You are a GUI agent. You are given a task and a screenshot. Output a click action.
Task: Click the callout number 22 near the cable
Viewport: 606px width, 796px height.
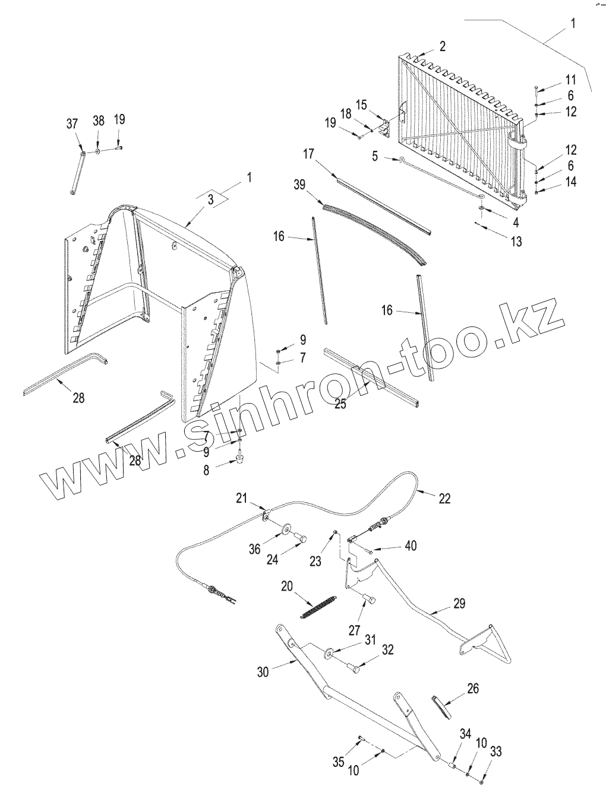444,499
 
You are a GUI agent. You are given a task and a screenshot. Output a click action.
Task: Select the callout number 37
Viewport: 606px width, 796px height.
72,123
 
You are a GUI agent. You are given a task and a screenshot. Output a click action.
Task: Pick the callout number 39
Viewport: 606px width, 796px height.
299,185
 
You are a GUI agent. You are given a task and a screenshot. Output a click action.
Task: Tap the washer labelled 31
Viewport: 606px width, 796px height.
329,654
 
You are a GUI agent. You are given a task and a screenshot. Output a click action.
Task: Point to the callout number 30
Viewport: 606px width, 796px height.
263,671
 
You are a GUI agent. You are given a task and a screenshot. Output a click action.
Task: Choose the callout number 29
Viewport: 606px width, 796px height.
459,604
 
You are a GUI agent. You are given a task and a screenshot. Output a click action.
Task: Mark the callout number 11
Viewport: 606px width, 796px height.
570,80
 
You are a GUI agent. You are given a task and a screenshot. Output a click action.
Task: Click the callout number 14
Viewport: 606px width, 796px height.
570,182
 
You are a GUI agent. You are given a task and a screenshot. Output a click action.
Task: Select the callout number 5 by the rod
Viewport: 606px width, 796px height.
375,156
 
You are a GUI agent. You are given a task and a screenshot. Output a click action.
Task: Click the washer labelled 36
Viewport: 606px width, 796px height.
287,528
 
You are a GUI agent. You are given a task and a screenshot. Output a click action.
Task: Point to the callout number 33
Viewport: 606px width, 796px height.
496,751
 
